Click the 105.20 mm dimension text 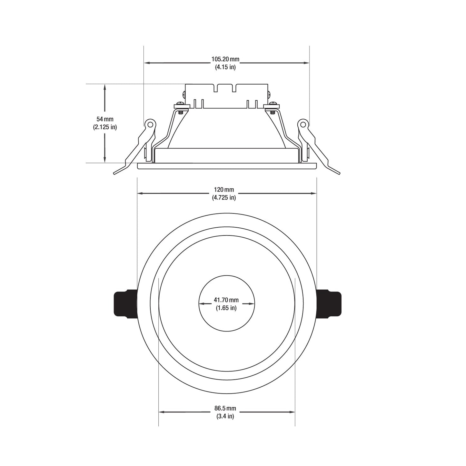pyautogui.click(x=225, y=59)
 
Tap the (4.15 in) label pyautogui.click(x=225, y=67)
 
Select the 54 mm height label pyautogui.click(x=105, y=119)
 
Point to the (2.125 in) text pyautogui.click(x=105, y=127)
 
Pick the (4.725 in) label pyautogui.click(x=224, y=198)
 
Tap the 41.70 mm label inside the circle pyautogui.click(x=226, y=300)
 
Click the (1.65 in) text pyautogui.click(x=226, y=308)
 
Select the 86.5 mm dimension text pyautogui.click(x=225, y=408)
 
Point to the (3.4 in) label pyautogui.click(x=225, y=416)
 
